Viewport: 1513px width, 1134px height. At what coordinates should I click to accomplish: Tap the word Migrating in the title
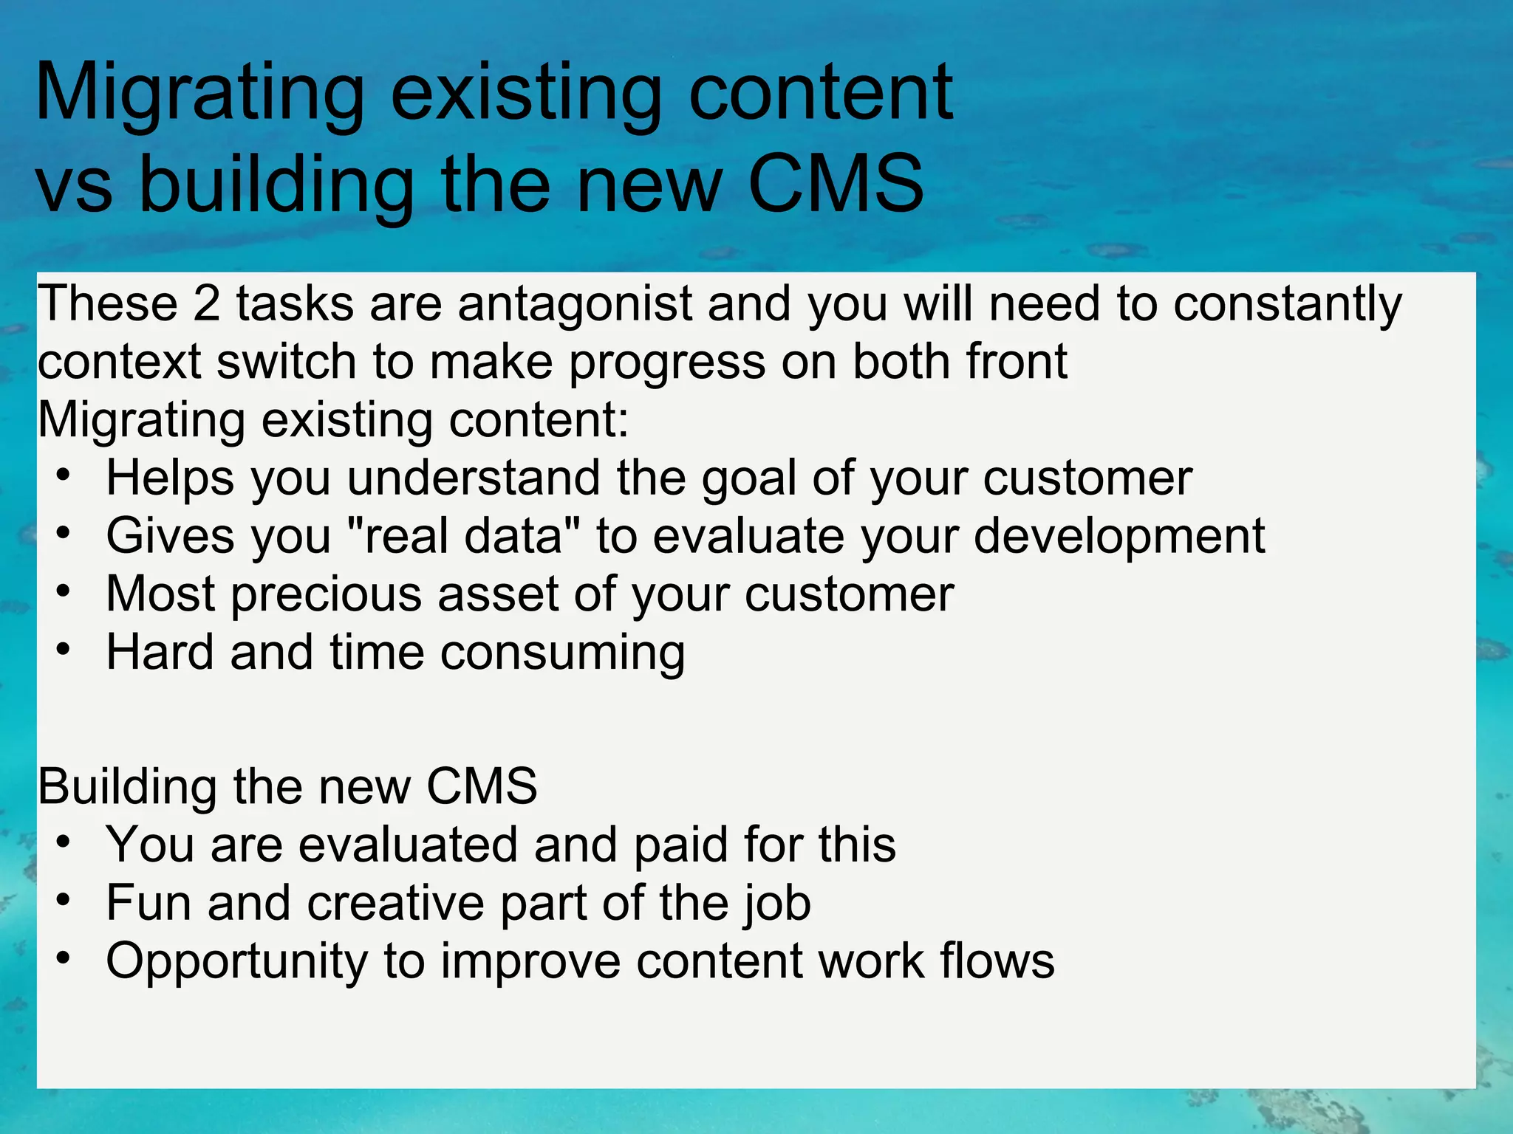199,94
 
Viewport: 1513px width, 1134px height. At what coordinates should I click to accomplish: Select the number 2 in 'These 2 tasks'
206,304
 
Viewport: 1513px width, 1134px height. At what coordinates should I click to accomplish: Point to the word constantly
1287,304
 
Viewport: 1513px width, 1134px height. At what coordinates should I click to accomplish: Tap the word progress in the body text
666,363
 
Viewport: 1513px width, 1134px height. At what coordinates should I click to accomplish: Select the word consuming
562,653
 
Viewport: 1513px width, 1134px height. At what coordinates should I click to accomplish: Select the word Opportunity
236,962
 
